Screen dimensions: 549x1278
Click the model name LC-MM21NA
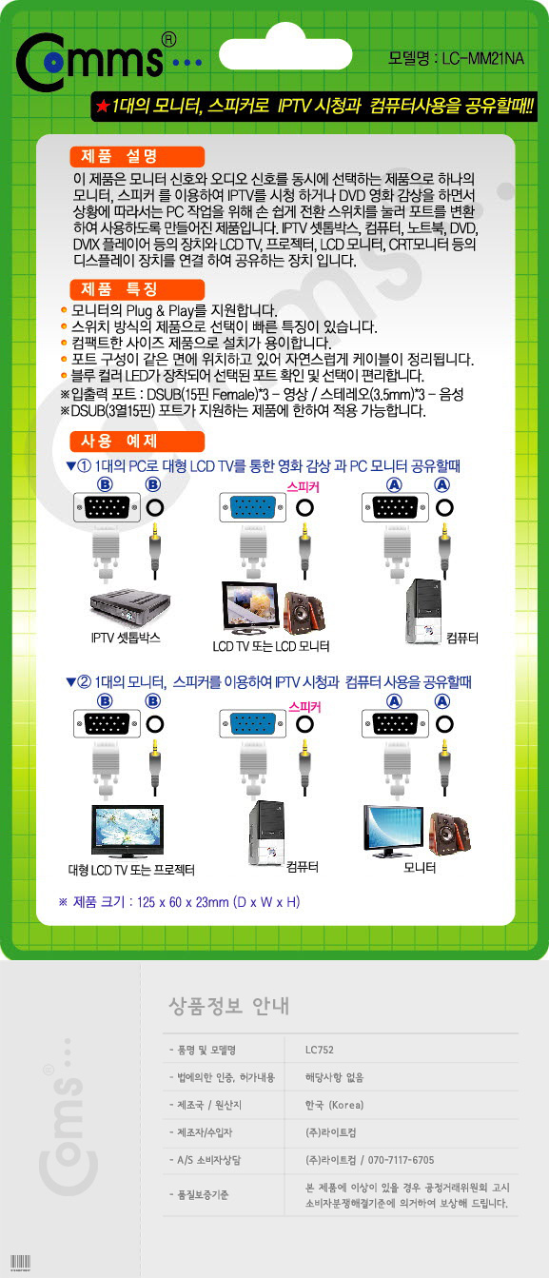[482, 58]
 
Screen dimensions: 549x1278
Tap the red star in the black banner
[103, 106]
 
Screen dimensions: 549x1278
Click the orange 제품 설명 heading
[137, 156]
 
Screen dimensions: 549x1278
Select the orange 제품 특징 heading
[137, 289]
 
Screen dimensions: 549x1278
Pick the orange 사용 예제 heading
[137, 441]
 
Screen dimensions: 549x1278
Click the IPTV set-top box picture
[130, 606]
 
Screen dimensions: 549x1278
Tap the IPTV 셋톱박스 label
[126, 638]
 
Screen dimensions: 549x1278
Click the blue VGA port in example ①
[253, 507]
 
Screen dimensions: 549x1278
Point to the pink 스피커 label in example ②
[304, 707]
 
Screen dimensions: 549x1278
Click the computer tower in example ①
[423, 612]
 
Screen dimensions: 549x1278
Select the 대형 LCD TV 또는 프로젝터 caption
[131, 870]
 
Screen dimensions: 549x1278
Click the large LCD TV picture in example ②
[127, 832]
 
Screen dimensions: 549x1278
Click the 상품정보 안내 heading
[229, 1005]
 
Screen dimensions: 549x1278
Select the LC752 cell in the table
[319, 1050]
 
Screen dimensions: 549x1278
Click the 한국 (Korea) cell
[334, 1105]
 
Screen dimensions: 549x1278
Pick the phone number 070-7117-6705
[401, 1160]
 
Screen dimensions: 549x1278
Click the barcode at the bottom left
[20, 1262]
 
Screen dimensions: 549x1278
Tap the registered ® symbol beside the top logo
[169, 39]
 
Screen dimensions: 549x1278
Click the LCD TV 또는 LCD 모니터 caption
[271, 646]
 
